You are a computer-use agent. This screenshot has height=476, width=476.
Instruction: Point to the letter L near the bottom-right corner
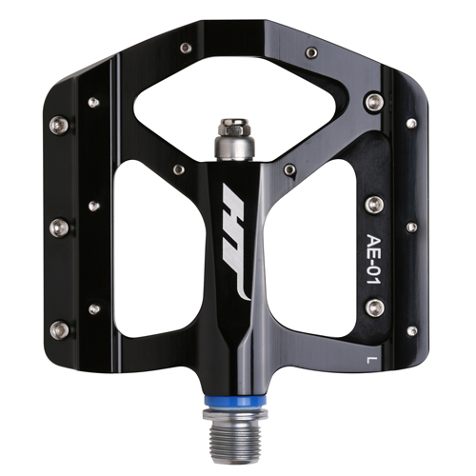pyautogui.click(x=370, y=359)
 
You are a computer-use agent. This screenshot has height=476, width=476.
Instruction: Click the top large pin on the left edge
pyautogui.click(x=59, y=124)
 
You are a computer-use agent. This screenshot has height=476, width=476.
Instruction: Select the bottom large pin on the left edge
pyautogui.click(x=59, y=329)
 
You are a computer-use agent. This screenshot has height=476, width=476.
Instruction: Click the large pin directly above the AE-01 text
pyautogui.click(x=374, y=205)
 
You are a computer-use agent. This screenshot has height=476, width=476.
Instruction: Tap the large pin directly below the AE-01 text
pyautogui.click(x=374, y=307)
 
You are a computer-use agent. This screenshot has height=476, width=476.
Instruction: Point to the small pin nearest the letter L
pyautogui.click(x=411, y=330)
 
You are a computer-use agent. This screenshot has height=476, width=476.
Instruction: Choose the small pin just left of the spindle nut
pyautogui.click(x=178, y=169)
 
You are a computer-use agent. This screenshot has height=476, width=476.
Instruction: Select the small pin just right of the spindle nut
pyautogui.click(x=289, y=169)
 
